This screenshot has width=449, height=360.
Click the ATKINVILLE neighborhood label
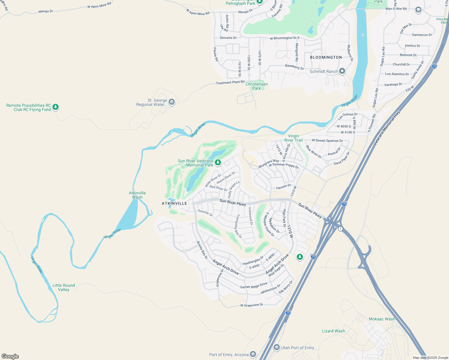[174, 203]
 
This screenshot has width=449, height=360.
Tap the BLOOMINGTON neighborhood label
[326, 57]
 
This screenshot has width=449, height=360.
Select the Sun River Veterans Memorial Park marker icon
[218, 163]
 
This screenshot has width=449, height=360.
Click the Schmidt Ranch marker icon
[342, 71]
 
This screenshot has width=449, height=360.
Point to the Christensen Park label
[257, 86]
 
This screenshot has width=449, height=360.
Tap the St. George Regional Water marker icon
[172, 102]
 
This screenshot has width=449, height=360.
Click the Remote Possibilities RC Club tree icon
[55, 107]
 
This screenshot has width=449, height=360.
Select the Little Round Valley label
[64, 287]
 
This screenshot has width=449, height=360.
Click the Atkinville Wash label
[137, 195]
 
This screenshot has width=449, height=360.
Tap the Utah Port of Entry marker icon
[277, 347]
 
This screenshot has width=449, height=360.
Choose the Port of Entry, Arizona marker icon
[253, 354]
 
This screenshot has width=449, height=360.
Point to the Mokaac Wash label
[382, 319]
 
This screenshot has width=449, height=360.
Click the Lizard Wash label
[333, 331]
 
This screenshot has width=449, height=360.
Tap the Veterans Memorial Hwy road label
[387, 128]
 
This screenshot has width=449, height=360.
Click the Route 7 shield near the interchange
[340, 229]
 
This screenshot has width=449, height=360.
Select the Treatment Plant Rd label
[230, 82]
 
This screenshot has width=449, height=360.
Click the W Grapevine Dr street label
[252, 305]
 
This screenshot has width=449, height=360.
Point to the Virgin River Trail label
[293, 138]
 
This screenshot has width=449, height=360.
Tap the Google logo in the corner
[10, 356]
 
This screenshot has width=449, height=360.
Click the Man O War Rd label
[396, 9]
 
